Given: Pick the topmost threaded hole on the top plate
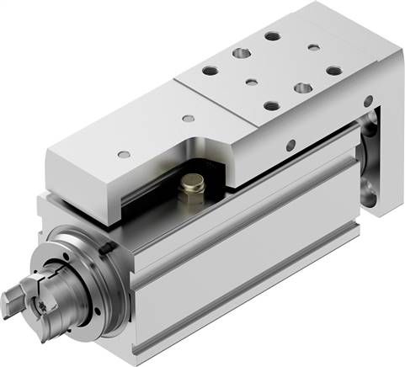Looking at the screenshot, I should (272, 36).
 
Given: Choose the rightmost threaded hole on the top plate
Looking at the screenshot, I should (333, 71).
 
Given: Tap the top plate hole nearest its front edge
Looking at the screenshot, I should (270, 106).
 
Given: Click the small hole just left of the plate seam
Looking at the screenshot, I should (189, 117).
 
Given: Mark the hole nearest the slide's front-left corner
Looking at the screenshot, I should (125, 154).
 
